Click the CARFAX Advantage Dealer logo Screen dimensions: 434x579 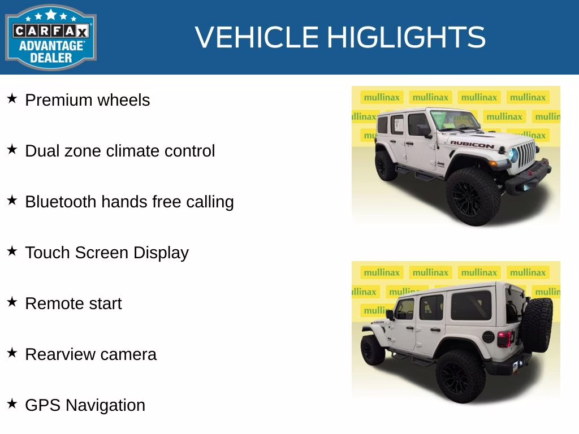coord(51,37)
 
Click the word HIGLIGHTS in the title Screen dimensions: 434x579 coord(406,37)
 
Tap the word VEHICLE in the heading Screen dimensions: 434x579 coord(257,37)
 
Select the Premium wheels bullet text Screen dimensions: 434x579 coord(88,100)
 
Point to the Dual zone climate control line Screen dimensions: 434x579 coord(120,151)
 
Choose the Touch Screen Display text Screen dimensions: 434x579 coord(107,253)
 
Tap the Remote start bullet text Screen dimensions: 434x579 coord(74,303)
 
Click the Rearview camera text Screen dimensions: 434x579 coord(91,354)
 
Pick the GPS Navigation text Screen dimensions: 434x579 coord(85,405)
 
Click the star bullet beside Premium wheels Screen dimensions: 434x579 coord(12,99)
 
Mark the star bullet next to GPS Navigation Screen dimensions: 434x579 coord(12,404)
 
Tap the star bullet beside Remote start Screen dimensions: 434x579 coord(12,302)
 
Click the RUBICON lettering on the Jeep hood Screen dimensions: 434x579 coord(472,144)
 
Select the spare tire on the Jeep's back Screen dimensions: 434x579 coord(537,324)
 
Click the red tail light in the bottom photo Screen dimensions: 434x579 coord(504,338)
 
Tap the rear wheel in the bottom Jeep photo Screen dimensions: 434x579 coord(460,375)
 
